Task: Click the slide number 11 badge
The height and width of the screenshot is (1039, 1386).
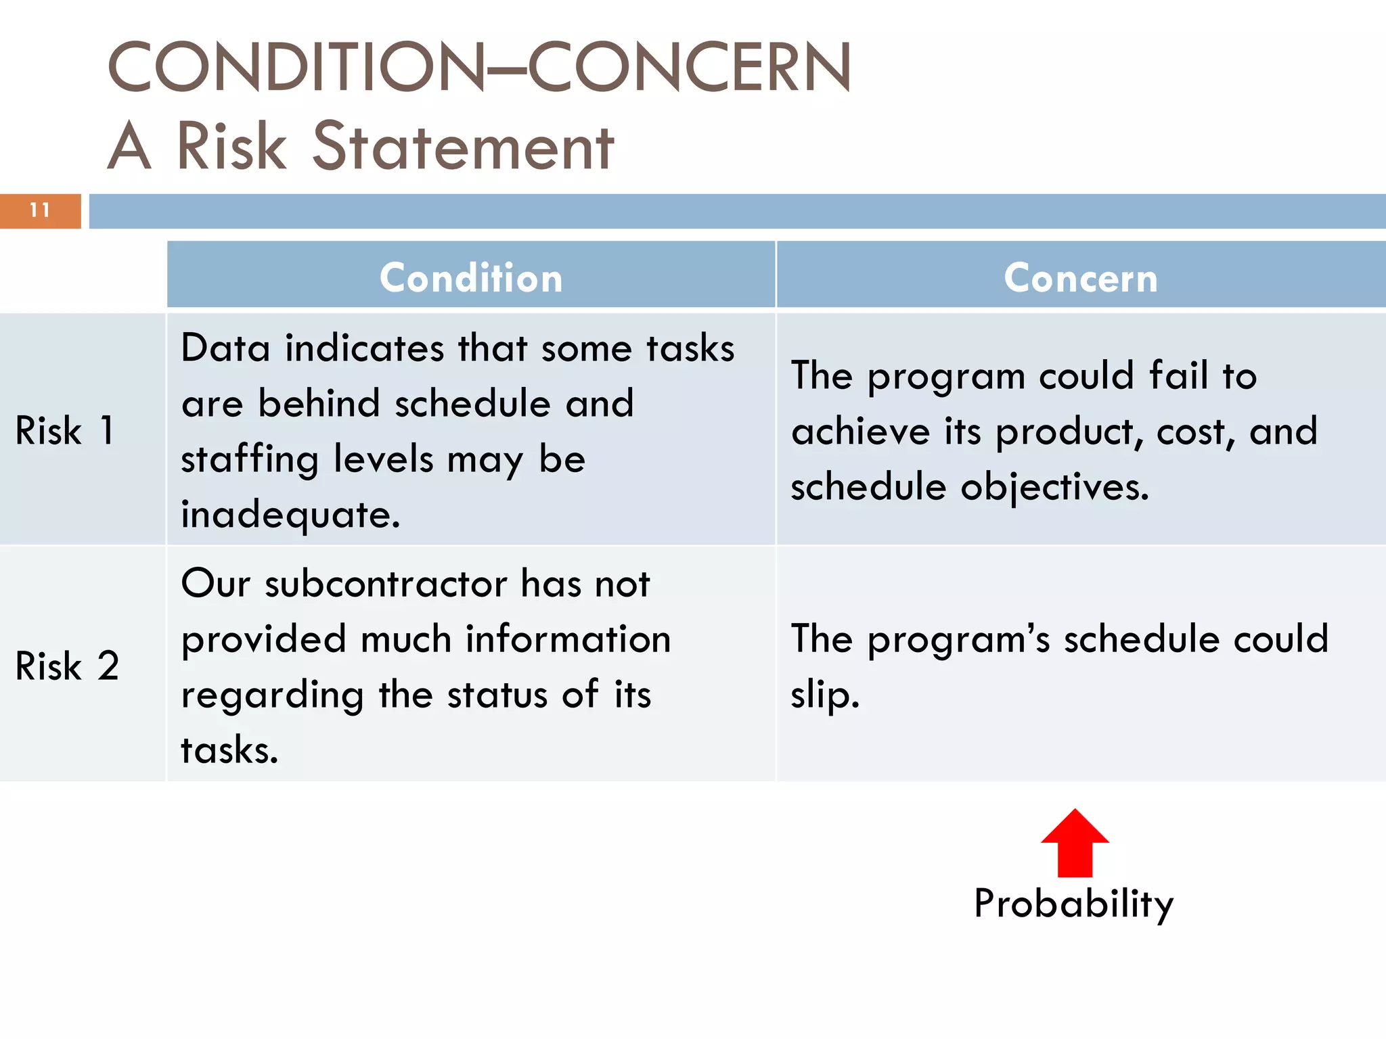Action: pyautogui.click(x=40, y=210)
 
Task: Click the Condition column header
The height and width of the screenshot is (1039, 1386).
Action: pyautogui.click(x=471, y=278)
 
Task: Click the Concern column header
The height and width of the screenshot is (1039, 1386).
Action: pyautogui.click(x=1081, y=278)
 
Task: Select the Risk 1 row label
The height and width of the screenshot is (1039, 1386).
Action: pyautogui.click(x=65, y=430)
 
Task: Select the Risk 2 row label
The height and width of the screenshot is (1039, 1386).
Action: pyautogui.click(x=67, y=666)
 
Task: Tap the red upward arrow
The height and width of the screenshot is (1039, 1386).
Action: pyautogui.click(x=1075, y=844)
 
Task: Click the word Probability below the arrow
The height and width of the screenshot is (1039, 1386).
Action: pyautogui.click(x=1073, y=904)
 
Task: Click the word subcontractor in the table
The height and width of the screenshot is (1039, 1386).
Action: pyautogui.click(x=386, y=584)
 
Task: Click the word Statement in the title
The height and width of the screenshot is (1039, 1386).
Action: pyautogui.click(x=463, y=147)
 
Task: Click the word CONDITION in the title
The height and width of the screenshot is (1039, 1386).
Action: pyautogui.click(x=296, y=67)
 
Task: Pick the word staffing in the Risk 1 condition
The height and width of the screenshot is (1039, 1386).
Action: pyautogui.click(x=250, y=459)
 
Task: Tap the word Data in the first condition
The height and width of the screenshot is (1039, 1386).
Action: pyautogui.click(x=226, y=348)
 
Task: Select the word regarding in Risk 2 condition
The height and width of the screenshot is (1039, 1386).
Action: pyautogui.click(x=273, y=695)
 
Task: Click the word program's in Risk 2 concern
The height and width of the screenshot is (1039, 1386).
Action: pyautogui.click(x=958, y=640)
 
